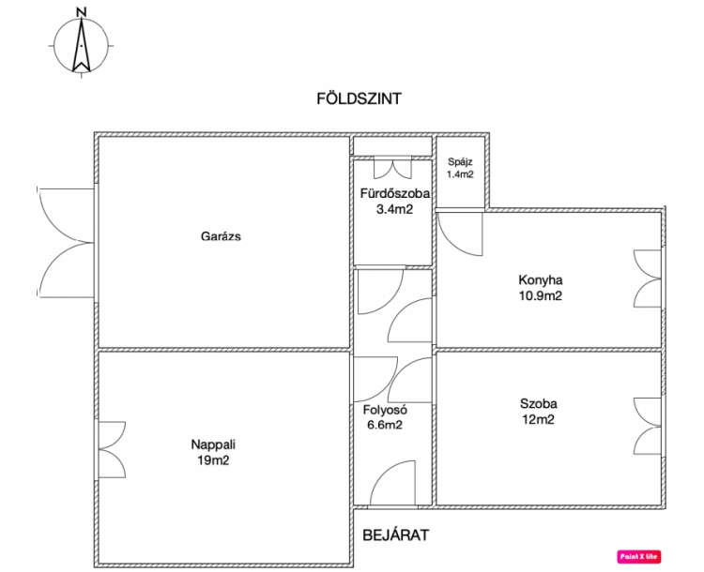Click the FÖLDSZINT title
click(359, 98)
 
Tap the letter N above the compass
click(82, 12)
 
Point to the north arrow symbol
click(82, 45)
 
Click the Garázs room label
click(221, 236)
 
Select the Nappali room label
click(213, 444)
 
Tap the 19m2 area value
click(213, 460)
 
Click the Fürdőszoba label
click(394, 193)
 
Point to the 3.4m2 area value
click(394, 209)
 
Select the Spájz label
click(460, 162)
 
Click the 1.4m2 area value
click(460, 174)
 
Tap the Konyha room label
click(541, 280)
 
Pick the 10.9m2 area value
click(540, 295)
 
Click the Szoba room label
click(539, 403)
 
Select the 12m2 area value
click(539, 419)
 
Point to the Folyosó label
click(385, 409)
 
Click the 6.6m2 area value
click(385, 425)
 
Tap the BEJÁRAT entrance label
click(395, 535)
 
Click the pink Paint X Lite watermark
click(639, 557)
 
